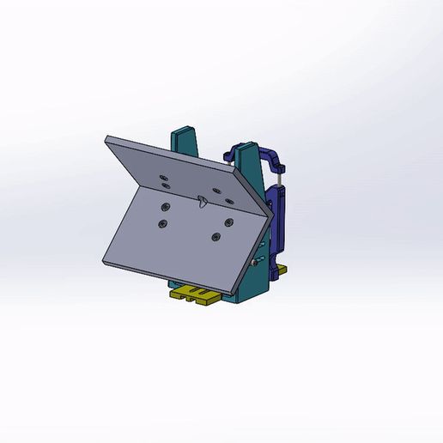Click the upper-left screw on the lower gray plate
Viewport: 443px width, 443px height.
[165, 206]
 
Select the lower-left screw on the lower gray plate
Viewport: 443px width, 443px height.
[161, 224]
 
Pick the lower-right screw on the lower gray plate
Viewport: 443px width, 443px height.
[215, 237]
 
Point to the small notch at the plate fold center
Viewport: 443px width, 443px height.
[201, 203]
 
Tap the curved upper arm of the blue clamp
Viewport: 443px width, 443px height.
[273, 155]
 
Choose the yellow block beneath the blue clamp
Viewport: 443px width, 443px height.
[278, 271]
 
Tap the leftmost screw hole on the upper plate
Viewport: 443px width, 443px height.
[163, 177]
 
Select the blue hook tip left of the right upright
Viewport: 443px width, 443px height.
[226, 155]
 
